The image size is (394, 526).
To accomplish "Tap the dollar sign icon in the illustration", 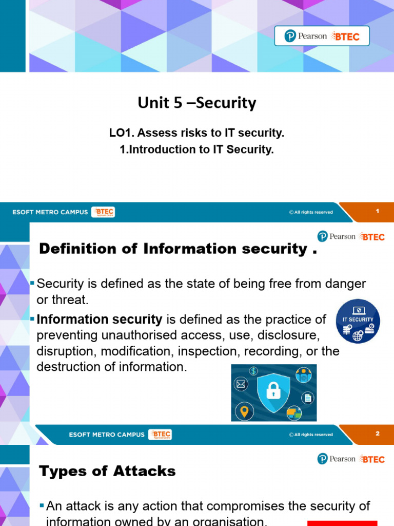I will coord(254,371).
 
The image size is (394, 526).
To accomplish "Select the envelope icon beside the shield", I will coord(241,384).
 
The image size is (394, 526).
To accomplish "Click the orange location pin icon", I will coord(244,411).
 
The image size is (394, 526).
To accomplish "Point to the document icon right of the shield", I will coord(308,397).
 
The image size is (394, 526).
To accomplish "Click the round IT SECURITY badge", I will coord(358,321).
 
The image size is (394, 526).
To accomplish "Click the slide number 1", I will coord(377,211).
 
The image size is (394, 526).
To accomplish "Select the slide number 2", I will coord(377,434).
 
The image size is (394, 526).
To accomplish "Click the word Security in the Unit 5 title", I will coord(226,103).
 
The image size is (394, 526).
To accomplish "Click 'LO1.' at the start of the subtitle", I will coord(120,134).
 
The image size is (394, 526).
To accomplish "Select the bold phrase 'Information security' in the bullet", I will coord(100,320).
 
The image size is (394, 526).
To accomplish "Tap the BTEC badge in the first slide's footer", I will coord(103,212).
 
